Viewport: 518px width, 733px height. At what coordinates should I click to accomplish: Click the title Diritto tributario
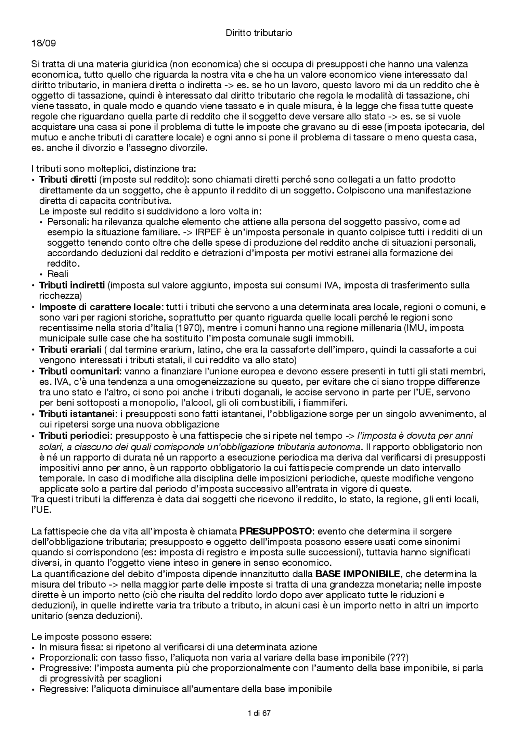pos(259,33)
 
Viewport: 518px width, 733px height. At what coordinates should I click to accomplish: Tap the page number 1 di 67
pos(259,713)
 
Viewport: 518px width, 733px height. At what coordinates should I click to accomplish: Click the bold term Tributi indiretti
pos(72,285)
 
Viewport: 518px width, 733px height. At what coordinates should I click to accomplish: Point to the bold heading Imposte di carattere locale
pos(101,306)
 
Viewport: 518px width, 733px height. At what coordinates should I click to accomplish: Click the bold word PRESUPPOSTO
pos(276,531)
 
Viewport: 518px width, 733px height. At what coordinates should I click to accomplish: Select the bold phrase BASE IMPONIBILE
pos(357,574)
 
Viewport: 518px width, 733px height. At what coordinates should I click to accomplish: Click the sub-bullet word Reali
pos(58,274)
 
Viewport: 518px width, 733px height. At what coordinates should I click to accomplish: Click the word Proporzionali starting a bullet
pos(63,657)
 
